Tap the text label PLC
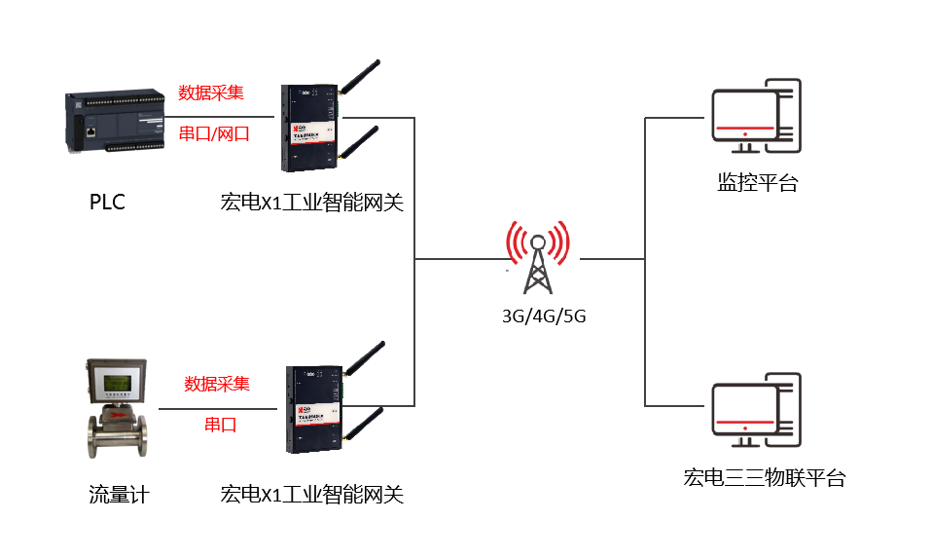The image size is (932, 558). click(107, 203)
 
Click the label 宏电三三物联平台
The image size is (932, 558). click(764, 478)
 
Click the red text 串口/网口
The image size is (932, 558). click(214, 134)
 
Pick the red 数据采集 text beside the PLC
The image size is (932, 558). click(211, 93)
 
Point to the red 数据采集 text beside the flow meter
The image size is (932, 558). click(217, 384)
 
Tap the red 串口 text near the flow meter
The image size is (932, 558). click(221, 426)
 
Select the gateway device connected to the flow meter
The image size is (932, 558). click(314, 410)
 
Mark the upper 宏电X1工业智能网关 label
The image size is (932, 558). click(311, 203)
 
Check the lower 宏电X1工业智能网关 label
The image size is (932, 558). click(311, 495)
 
